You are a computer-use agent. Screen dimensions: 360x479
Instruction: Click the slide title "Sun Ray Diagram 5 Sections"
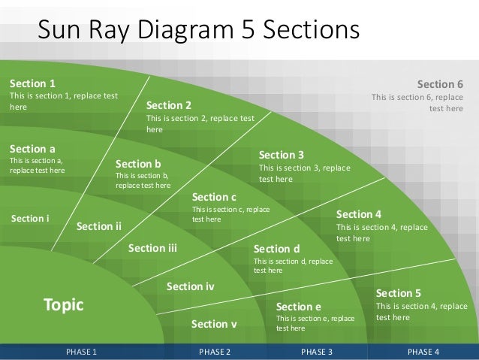pos(199,30)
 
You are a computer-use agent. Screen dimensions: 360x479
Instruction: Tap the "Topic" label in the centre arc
pos(64,304)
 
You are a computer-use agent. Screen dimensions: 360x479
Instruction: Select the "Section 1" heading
pos(32,83)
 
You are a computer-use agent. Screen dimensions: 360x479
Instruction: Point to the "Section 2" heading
pos(169,105)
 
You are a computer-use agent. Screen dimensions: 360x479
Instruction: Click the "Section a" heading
pos(32,149)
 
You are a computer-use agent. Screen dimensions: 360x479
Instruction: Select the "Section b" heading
pos(139,163)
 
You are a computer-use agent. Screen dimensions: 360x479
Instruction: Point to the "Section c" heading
pos(215,197)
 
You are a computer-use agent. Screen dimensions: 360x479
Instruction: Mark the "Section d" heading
pos(277,249)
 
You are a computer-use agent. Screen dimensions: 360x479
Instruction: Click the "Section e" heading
pos(299,307)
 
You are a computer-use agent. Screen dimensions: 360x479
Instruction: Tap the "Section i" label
pos(31,219)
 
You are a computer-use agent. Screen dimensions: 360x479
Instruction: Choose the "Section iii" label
pos(152,248)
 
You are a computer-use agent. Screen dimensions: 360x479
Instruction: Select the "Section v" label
pos(214,324)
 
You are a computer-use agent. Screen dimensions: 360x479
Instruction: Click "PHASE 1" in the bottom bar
pos(81,351)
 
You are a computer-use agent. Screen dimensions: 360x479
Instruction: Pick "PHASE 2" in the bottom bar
pos(215,351)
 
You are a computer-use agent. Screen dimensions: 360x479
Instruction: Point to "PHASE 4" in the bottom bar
pos(423,351)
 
